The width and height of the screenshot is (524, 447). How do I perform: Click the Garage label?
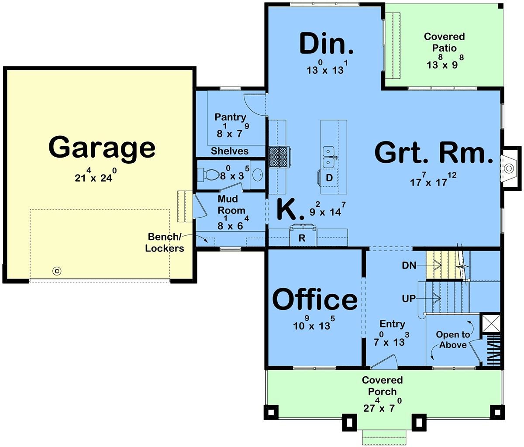(x=102, y=149)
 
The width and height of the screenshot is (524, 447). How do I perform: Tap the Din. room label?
(x=327, y=44)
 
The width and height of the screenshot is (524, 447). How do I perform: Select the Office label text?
(x=315, y=299)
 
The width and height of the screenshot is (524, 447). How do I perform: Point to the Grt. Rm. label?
(x=434, y=152)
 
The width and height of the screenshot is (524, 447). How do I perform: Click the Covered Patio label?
(x=444, y=42)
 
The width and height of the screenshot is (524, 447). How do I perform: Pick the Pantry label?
(x=230, y=117)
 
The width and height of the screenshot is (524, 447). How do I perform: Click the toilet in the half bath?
(x=209, y=174)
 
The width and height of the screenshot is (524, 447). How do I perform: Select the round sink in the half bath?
(x=258, y=175)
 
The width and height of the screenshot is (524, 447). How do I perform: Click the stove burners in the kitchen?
(x=279, y=157)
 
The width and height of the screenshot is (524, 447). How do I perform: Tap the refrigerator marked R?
(x=303, y=235)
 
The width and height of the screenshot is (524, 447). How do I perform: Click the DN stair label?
(x=409, y=265)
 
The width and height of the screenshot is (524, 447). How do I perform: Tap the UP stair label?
(x=409, y=299)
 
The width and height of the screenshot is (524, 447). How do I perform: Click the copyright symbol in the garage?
(x=57, y=271)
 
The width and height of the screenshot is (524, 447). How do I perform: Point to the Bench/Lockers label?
(x=164, y=243)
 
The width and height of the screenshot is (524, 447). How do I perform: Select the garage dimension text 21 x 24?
(x=96, y=175)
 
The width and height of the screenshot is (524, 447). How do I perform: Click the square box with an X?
(x=491, y=323)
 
